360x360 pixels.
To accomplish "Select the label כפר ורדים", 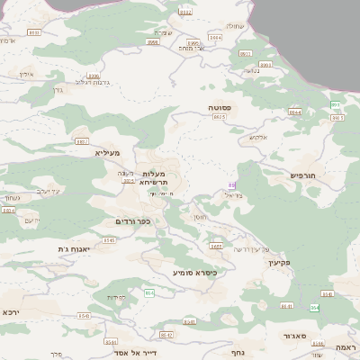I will click(x=132, y=221).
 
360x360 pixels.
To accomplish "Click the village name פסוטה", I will click(x=220, y=107).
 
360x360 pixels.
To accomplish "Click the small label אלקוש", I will click(x=257, y=137).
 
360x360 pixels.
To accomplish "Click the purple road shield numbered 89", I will click(x=231, y=185).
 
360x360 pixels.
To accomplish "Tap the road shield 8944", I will click(x=294, y=112).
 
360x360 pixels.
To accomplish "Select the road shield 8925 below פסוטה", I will click(x=219, y=117).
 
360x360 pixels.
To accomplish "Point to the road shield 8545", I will click(x=110, y=241).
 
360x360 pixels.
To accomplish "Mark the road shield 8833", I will click(x=34, y=32).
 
